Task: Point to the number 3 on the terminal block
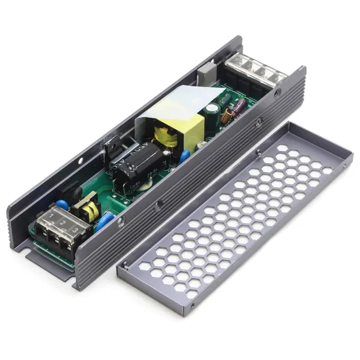75,230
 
